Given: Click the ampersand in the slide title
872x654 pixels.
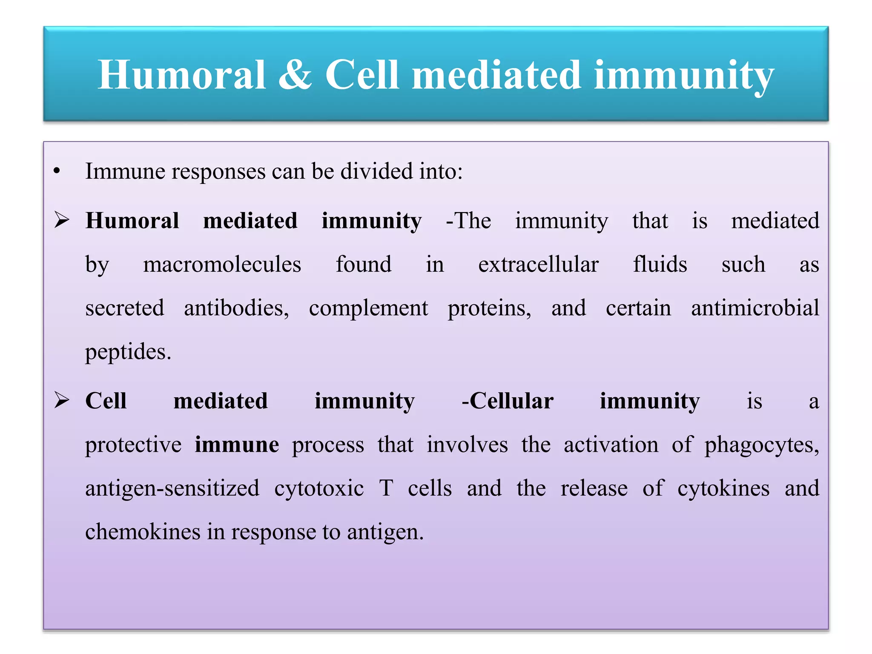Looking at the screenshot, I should [x=295, y=75].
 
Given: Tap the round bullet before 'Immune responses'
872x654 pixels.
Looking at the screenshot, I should [x=57, y=172].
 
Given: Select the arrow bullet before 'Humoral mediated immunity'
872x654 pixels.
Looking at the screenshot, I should [x=62, y=221].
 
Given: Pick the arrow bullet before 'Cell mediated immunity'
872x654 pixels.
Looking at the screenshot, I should [x=62, y=401].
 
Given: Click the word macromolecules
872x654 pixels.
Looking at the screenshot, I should [x=222, y=265].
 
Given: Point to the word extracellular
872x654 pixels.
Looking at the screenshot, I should [x=538, y=265].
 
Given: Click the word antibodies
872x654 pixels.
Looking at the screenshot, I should [x=236, y=308].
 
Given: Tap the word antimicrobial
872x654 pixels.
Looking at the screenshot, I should [x=755, y=308].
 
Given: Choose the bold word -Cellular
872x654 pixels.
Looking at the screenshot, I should [x=508, y=401].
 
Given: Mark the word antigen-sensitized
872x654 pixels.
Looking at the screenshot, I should [x=172, y=489].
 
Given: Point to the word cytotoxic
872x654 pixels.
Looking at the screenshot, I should [x=319, y=489].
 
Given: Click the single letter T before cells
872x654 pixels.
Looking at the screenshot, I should [x=386, y=488].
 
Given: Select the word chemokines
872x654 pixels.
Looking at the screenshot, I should [x=143, y=532].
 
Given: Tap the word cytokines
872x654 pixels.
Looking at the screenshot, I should [x=723, y=489].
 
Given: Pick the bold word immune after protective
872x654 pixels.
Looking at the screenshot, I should [x=237, y=445].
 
